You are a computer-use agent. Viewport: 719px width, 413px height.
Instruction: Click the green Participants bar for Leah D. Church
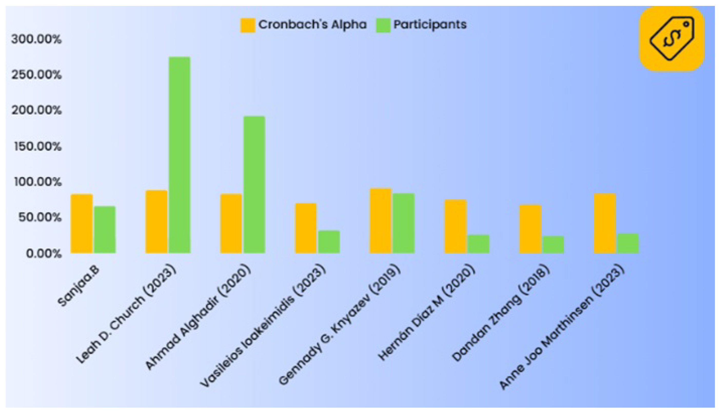tap(179, 154)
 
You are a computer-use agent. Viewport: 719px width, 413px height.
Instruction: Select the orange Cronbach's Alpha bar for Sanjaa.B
tap(82, 223)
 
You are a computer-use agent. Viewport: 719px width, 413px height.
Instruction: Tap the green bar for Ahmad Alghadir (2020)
tap(254, 184)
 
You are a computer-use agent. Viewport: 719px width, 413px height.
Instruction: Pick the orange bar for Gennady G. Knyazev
tap(380, 220)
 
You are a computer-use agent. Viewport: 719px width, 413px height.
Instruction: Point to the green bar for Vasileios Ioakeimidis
tap(329, 242)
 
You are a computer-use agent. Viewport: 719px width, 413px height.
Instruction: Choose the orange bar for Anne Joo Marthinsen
tap(605, 223)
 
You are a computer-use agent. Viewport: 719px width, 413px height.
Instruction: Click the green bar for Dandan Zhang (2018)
tap(553, 244)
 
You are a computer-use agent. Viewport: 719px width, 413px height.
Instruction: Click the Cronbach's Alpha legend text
tap(312, 25)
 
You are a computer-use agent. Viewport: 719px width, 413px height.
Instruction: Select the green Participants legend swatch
tap(383, 25)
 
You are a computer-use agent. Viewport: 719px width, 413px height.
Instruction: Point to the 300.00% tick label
tap(36, 39)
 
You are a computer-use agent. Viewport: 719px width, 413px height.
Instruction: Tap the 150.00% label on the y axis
tap(37, 147)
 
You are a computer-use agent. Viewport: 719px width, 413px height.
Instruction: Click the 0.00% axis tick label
tap(44, 253)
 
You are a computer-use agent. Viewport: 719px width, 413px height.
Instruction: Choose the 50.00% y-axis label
tap(40, 218)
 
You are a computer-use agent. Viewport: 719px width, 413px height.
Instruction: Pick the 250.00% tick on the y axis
tap(36, 75)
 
